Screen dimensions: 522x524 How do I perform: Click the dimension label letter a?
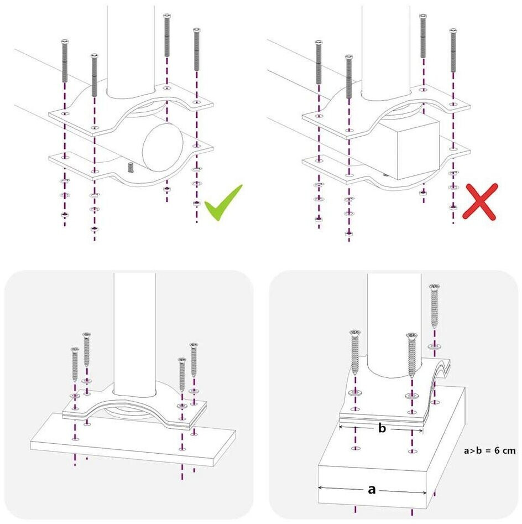pos(372,489)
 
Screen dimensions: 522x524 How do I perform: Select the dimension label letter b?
pos(382,429)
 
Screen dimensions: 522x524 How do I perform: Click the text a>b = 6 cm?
pos(490,450)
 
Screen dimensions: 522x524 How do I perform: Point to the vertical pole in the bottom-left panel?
pos(134,332)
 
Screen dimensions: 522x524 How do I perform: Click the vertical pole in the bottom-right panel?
pos(387,321)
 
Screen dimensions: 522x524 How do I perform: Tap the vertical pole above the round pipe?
pos(127,50)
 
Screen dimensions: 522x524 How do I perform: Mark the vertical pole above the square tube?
pos(386,50)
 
